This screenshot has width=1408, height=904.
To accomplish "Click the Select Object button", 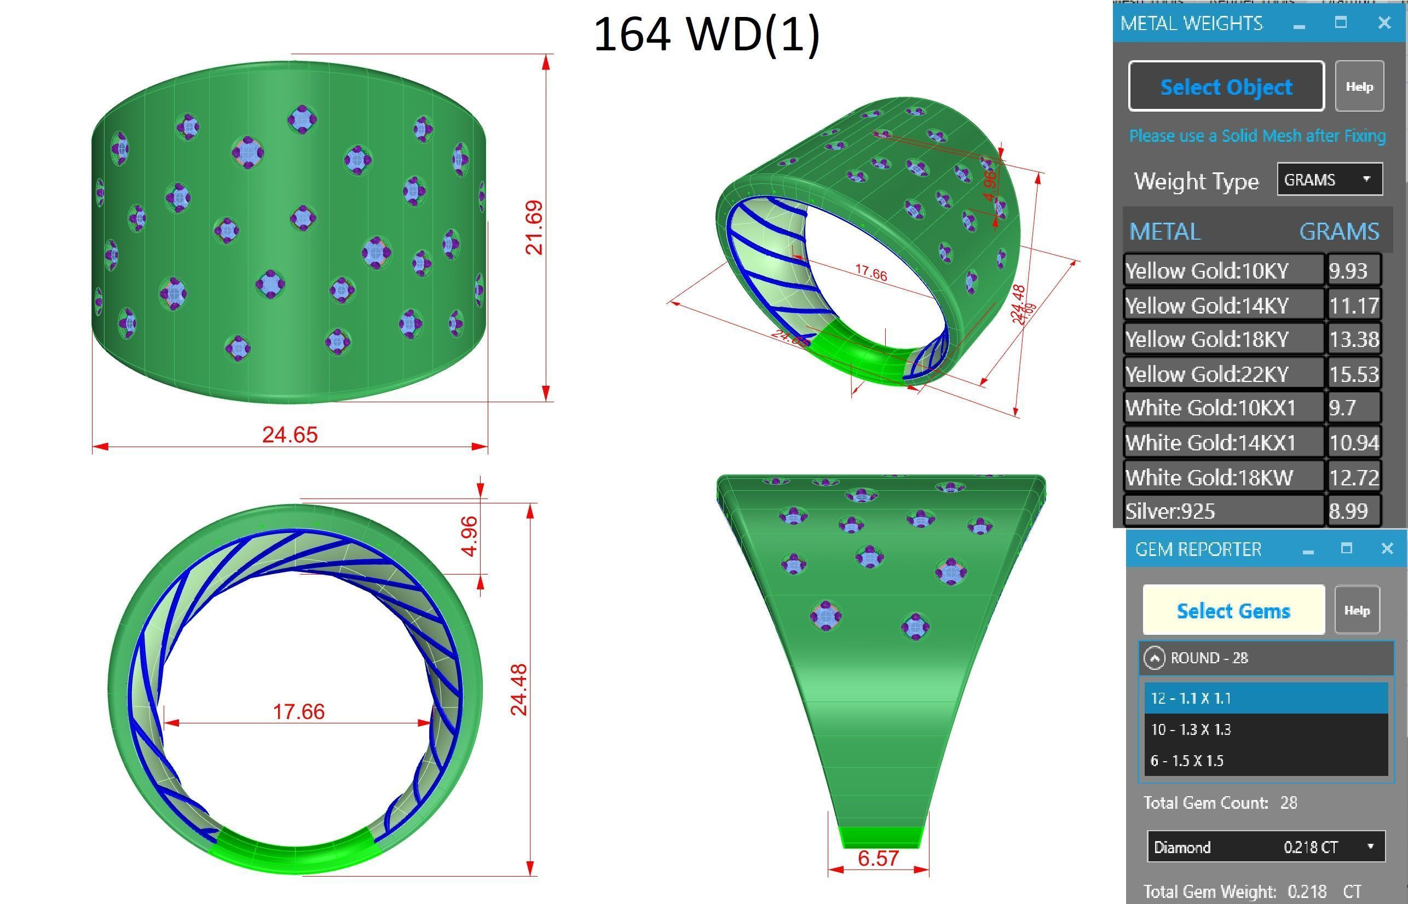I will (x=1226, y=86).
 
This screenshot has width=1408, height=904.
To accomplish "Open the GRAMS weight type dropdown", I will (x=1329, y=179).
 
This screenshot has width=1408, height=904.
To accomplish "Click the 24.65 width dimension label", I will (x=290, y=435).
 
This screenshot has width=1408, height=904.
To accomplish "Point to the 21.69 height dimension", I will (x=534, y=227).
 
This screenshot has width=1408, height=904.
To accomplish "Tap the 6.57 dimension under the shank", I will (x=878, y=858).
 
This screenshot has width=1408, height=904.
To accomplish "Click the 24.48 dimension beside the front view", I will (x=519, y=689).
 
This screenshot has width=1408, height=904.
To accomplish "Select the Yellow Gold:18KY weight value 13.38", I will (x=1353, y=339).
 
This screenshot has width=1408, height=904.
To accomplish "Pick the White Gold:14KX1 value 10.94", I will (x=1353, y=443).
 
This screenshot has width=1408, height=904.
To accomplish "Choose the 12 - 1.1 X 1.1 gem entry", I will (x=1265, y=698).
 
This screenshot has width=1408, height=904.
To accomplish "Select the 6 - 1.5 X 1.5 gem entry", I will (x=1265, y=761).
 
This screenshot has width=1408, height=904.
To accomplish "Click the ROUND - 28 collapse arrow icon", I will (x=1155, y=658).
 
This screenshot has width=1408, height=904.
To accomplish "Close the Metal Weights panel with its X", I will (x=1384, y=23).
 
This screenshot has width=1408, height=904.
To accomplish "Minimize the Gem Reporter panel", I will (x=1308, y=550).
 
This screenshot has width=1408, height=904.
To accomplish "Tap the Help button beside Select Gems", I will (x=1357, y=611).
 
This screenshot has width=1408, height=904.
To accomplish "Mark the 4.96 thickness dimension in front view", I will (x=469, y=536).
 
